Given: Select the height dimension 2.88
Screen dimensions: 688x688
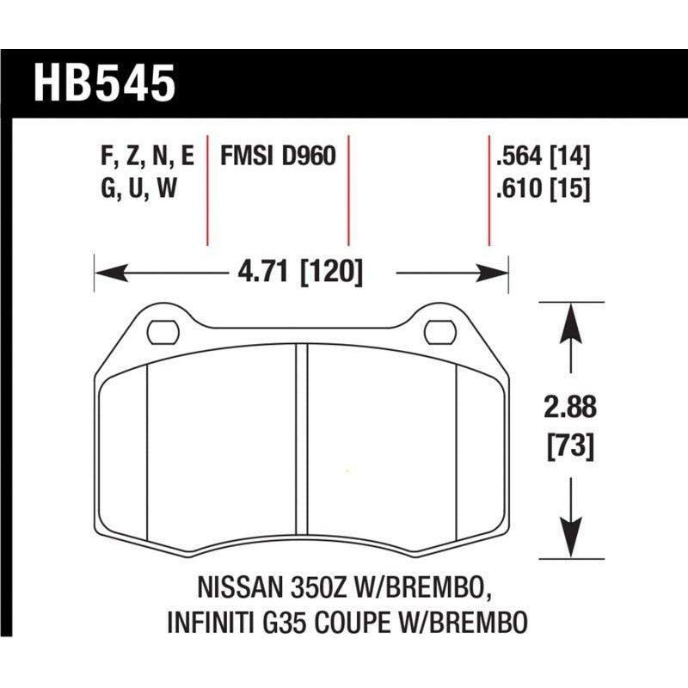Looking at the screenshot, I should [569, 406].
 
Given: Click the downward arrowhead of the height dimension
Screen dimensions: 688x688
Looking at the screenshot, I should [568, 544].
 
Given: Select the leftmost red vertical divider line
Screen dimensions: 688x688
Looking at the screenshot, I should [207, 189].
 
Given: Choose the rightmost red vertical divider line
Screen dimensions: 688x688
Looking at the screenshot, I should [488, 189].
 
